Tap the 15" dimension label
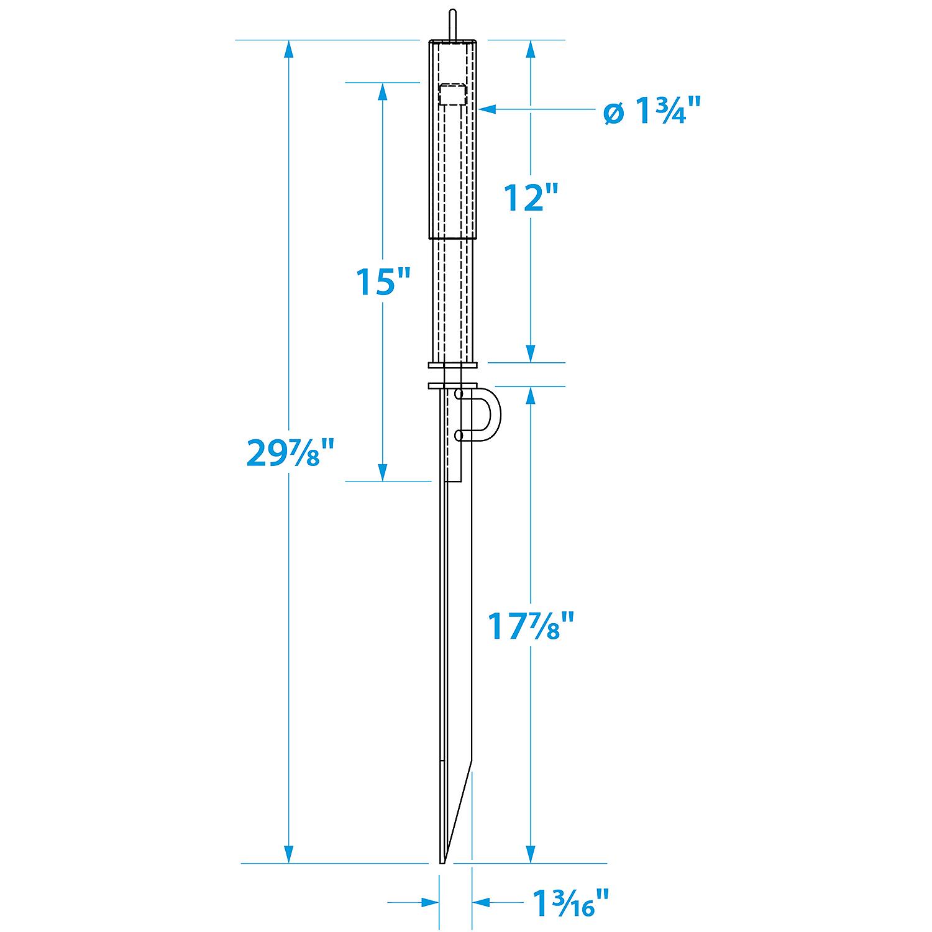[x=383, y=281]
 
